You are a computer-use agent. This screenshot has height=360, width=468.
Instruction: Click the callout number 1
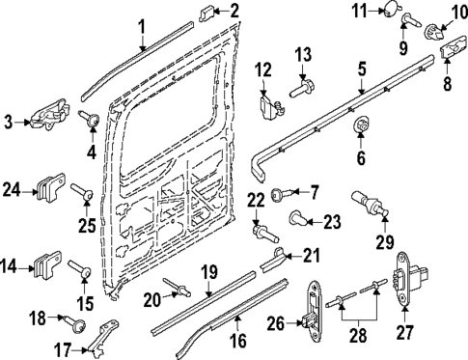pos(141,25)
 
